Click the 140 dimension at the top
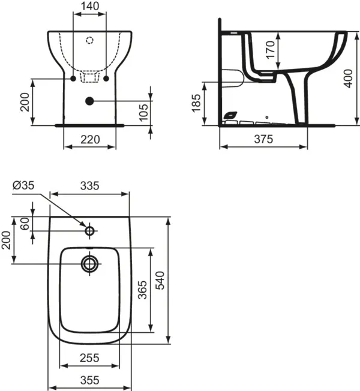89,7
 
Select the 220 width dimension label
89,139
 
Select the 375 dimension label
263,139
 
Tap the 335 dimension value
89,186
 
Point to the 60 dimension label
25,224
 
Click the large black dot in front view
90,101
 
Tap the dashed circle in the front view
90,41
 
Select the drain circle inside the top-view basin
90,263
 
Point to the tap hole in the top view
90,230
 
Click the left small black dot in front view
73,79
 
